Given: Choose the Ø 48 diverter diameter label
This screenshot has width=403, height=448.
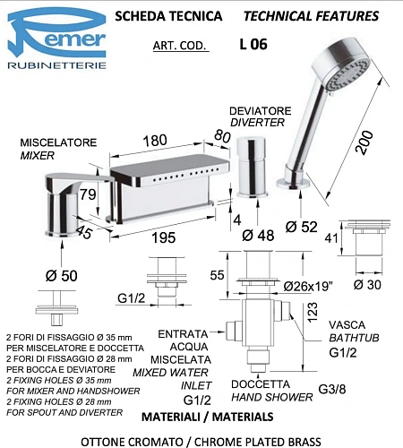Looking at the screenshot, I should tap(258, 236).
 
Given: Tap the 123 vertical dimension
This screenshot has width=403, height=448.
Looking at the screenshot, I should tap(313, 313).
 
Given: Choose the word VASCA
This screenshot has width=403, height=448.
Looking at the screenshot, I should tap(347, 325).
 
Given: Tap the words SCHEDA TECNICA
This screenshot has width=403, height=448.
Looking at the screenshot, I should tap(160, 16).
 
